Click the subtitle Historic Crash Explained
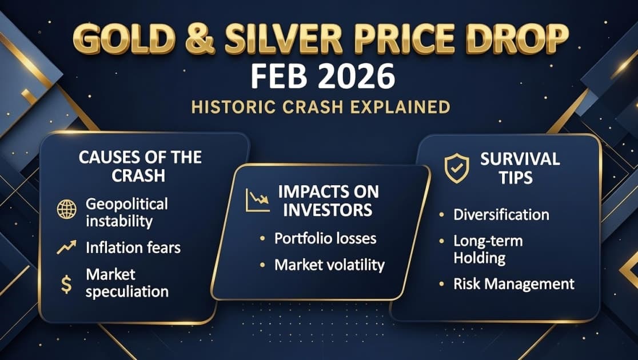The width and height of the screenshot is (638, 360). pos(321,107)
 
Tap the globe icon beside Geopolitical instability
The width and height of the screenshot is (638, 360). pos(66,210)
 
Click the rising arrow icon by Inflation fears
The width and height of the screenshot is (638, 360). pos(66,247)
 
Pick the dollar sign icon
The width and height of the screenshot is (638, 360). pos(66,284)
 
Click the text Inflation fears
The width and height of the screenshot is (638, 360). pos(133,247)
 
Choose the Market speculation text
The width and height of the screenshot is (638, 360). pos(127,283)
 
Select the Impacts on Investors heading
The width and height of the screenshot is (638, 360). pos(324,200)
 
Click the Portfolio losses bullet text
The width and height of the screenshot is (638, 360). pos(325,238)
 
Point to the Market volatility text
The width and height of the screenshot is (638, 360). pos(329,265)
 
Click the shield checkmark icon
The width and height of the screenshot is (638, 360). pos(456,169)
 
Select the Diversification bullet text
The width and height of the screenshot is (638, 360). pos(501,214)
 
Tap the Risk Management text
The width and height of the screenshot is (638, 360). pos(514,283)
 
